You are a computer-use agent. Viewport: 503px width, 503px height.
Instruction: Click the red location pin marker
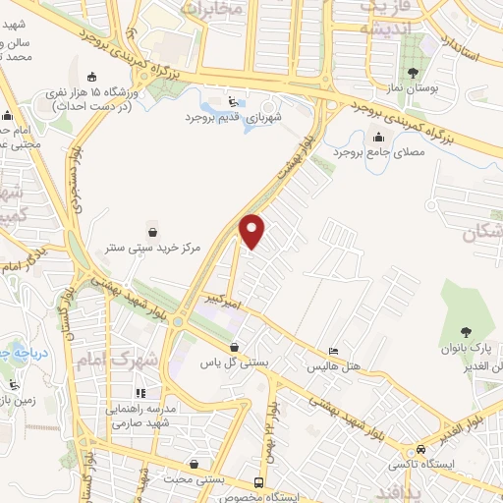pos(253,231)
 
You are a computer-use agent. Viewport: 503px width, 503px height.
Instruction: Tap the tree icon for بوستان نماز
pos(416,72)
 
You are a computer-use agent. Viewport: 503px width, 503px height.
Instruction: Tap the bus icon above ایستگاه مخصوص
pos(258,483)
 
